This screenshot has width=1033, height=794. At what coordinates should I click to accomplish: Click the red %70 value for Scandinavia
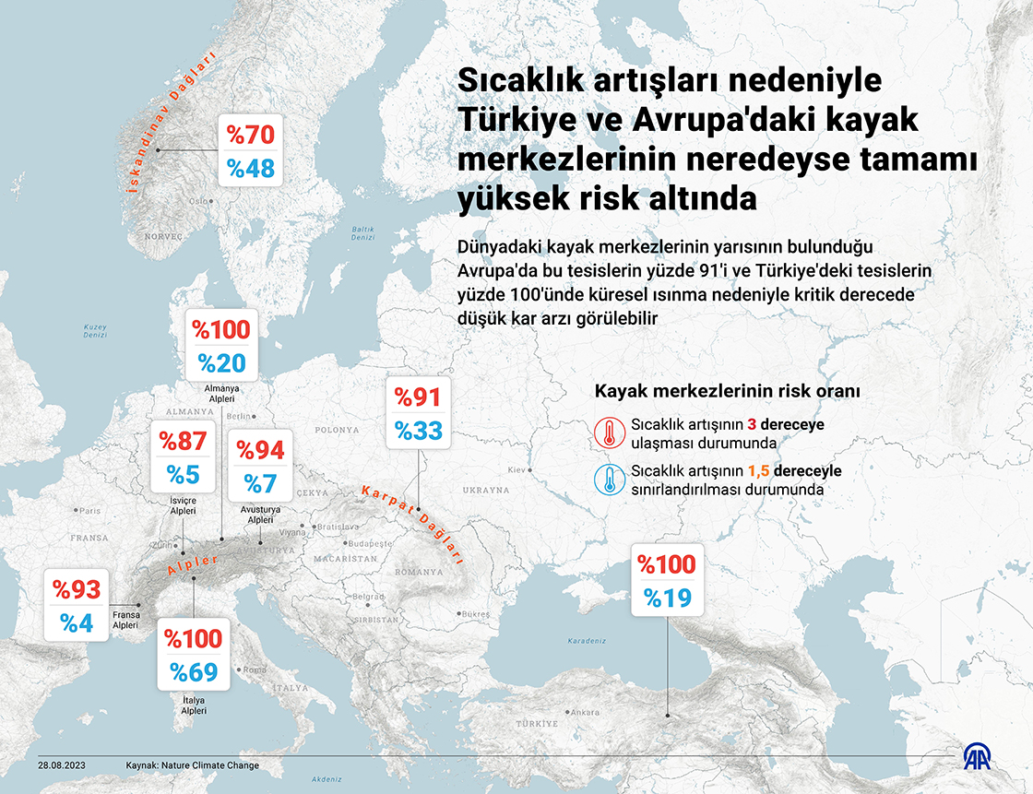click(x=251, y=135)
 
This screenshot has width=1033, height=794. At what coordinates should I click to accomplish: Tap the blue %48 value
click(x=251, y=169)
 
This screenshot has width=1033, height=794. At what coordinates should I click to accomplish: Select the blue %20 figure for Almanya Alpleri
click(x=221, y=363)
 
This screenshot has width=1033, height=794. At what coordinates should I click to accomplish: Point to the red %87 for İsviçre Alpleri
click(x=183, y=440)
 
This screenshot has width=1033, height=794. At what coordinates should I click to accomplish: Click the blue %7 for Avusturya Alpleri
click(x=260, y=483)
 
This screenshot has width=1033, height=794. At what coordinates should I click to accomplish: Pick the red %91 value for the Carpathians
click(x=418, y=397)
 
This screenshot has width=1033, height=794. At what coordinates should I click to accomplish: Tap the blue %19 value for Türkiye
click(x=667, y=598)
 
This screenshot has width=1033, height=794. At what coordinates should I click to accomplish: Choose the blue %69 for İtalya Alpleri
click(x=193, y=672)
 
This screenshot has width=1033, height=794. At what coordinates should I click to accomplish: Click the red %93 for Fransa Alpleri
click(x=76, y=588)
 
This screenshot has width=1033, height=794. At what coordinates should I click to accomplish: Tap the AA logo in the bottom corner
click(x=980, y=757)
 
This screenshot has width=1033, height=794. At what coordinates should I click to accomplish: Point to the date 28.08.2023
click(x=62, y=765)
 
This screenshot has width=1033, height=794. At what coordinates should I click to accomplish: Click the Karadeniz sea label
click(x=587, y=640)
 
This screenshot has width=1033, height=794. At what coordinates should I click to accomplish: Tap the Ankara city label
click(x=585, y=712)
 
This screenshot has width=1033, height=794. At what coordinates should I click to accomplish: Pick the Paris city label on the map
click(x=89, y=510)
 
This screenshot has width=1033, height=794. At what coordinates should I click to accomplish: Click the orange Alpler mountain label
click(x=193, y=565)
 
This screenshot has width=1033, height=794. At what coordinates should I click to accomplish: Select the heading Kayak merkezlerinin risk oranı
click(x=728, y=391)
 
